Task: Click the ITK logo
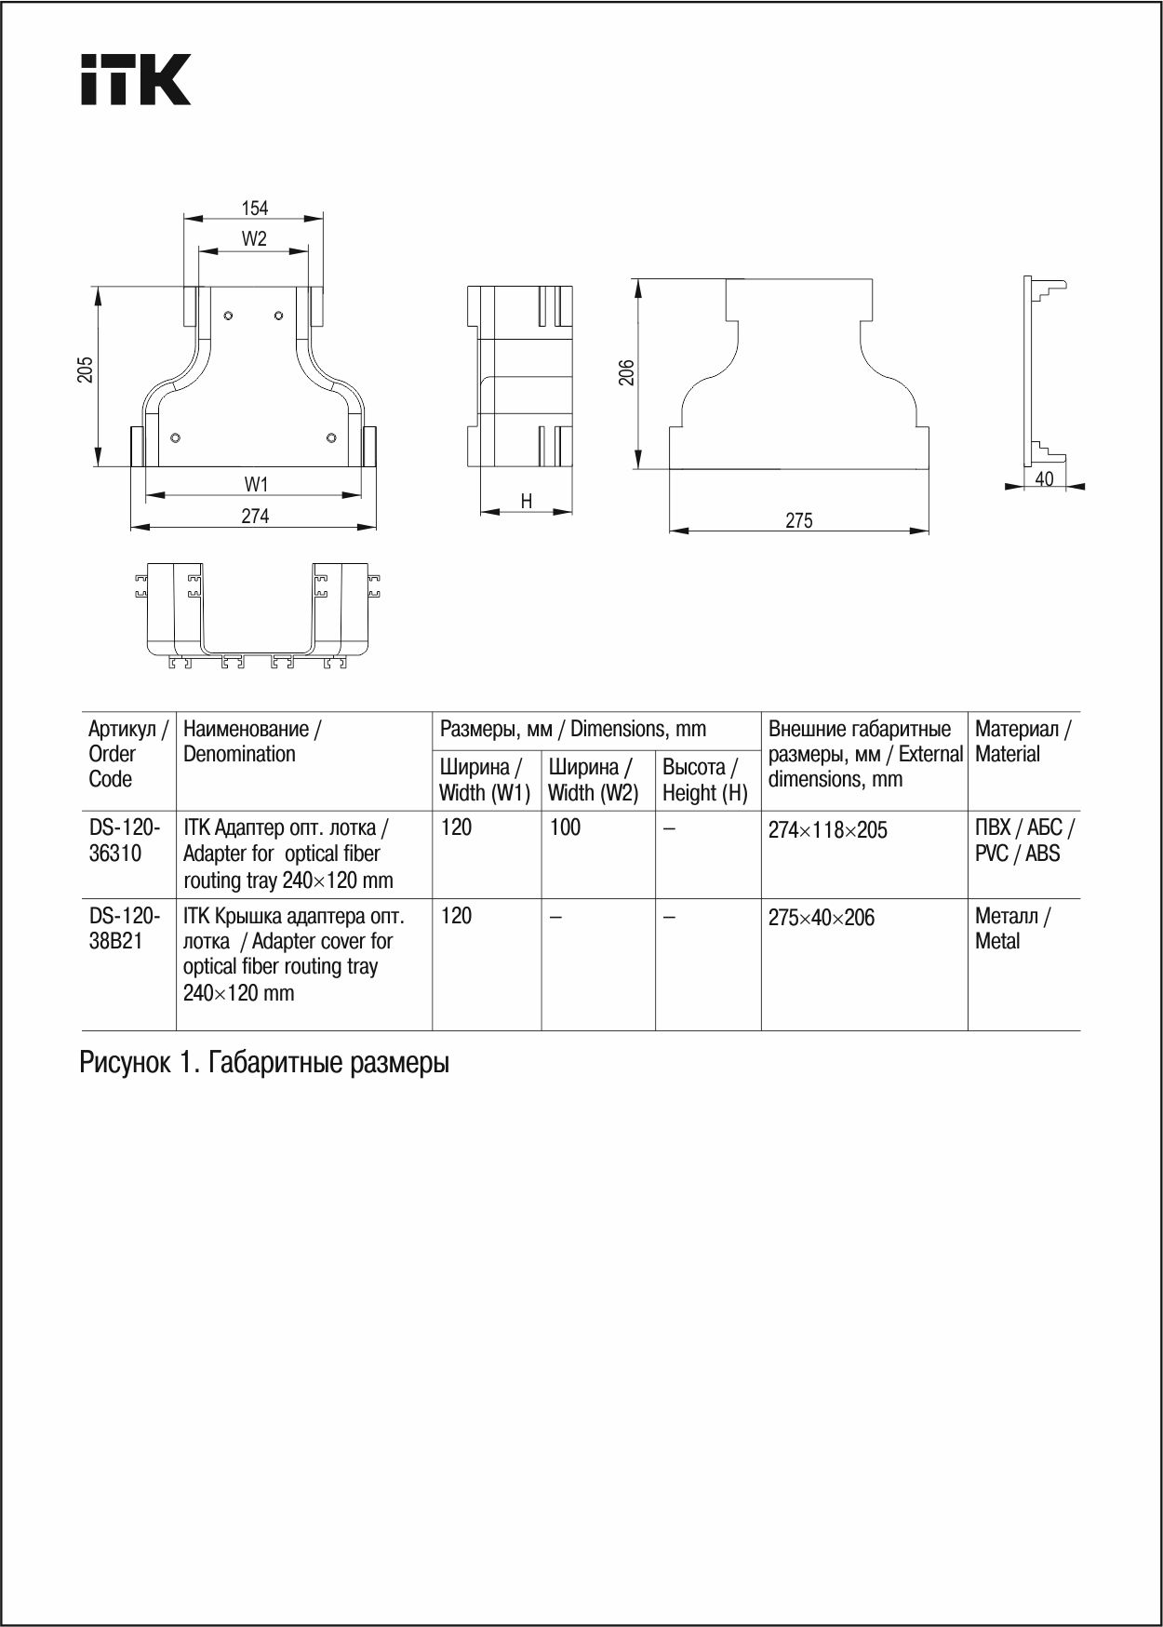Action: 136,79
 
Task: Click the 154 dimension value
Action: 254,208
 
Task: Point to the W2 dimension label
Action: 254,239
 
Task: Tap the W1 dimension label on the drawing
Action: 256,484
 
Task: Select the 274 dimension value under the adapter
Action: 255,516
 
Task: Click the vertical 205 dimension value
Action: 86,370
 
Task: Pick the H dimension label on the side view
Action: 527,502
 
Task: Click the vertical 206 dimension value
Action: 627,373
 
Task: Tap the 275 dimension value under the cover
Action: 798,521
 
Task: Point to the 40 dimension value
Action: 1044,478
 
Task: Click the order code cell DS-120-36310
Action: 125,840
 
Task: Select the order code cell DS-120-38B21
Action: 125,928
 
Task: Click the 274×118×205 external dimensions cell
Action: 827,830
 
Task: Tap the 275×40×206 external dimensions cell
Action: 821,918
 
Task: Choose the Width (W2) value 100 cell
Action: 565,827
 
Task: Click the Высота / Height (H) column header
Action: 705,780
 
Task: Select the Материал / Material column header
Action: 1022,742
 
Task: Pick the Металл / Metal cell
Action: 1011,928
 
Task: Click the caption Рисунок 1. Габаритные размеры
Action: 264,1063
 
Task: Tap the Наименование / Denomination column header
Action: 252,742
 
